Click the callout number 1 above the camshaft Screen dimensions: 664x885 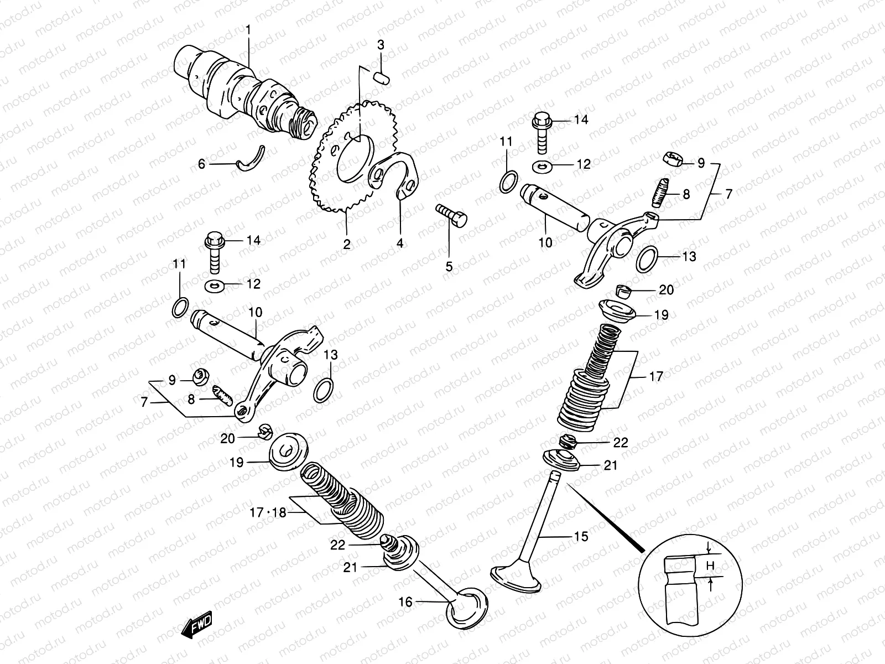tap(248, 29)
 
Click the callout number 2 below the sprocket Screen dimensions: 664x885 tap(346, 244)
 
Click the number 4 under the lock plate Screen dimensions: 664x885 tap(400, 243)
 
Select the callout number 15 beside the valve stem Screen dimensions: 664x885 tap(581, 536)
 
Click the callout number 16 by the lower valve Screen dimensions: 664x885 tap(405, 601)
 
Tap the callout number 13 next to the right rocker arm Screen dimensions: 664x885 tap(689, 257)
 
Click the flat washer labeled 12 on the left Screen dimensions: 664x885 tap(215, 286)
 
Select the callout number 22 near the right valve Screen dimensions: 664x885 tap(621, 443)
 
